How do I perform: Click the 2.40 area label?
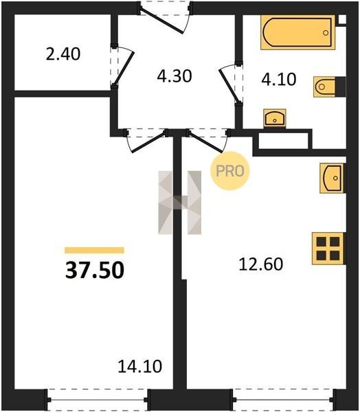(x=63, y=54)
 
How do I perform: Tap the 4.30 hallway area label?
(x=175, y=76)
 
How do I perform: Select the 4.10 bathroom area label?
(x=279, y=80)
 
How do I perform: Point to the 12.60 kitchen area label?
(x=261, y=264)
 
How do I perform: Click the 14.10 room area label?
(x=139, y=367)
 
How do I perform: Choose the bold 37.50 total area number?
(x=95, y=271)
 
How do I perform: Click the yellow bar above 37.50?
(x=94, y=250)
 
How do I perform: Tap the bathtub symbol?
(x=298, y=32)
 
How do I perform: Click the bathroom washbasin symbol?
(x=275, y=118)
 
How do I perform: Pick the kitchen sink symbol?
(x=332, y=178)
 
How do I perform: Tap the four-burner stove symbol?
(x=328, y=249)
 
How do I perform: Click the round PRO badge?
(x=230, y=171)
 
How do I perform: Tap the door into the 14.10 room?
(x=147, y=140)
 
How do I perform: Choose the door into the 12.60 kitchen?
(x=207, y=140)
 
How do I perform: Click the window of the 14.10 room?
(x=98, y=400)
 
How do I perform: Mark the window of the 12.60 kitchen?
(x=283, y=400)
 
